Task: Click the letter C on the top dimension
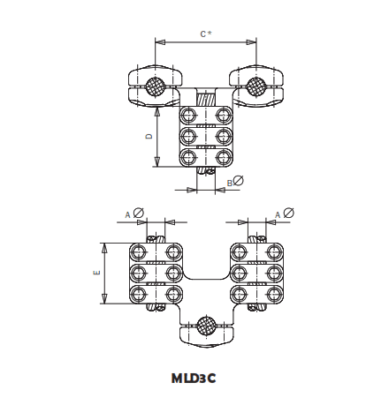click(x=202, y=34)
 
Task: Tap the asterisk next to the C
click(x=210, y=34)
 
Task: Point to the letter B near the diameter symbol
click(x=229, y=182)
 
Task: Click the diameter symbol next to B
click(x=239, y=181)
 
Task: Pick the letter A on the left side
click(x=127, y=214)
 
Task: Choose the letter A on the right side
click(x=277, y=214)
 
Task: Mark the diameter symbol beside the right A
click(x=289, y=212)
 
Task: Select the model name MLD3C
click(x=194, y=378)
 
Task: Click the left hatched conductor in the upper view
click(x=156, y=86)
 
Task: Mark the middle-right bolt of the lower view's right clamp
click(x=273, y=273)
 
